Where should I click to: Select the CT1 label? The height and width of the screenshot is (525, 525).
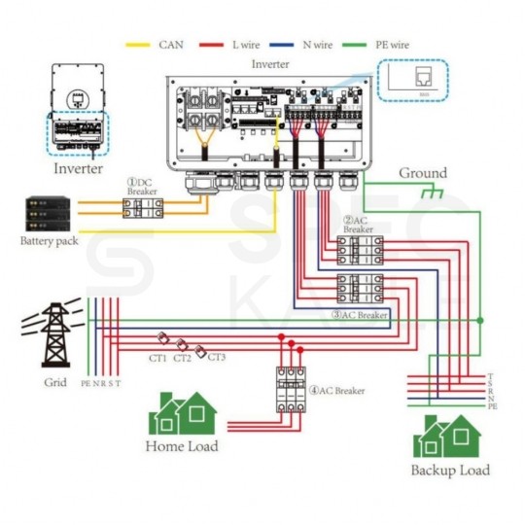pos(157,359)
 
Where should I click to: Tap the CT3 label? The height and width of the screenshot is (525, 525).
pos(218,359)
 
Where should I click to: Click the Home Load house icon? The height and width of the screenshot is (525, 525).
pos(183,414)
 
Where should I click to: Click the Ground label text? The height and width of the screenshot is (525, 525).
pos(423,173)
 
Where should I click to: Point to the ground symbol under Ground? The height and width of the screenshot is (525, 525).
pos(429,193)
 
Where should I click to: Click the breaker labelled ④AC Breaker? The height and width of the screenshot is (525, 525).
pos(290,390)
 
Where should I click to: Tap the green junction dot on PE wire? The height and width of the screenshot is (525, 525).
pos(479,319)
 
